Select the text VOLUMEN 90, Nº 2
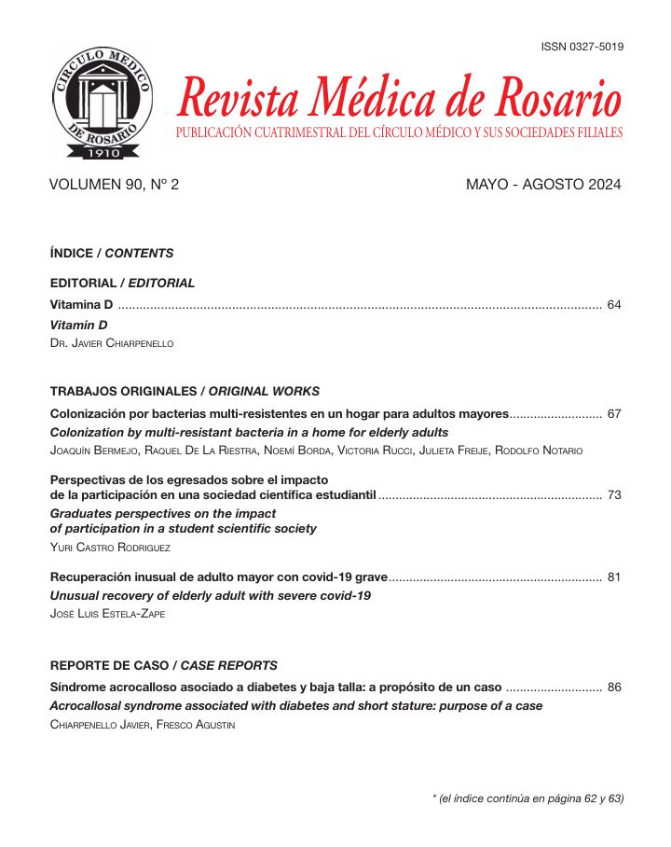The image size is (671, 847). [114, 185]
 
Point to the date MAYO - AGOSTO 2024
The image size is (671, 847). [542, 185]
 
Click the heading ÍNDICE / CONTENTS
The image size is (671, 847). [112, 253]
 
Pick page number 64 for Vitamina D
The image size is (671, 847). [613, 305]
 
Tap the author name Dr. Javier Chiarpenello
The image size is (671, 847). [111, 343]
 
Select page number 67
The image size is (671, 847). [613, 413]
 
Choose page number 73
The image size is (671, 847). [613, 494]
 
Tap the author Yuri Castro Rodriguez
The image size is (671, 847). [110, 548]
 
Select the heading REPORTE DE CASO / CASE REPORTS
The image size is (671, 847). [163, 666]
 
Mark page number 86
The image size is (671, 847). [613, 687]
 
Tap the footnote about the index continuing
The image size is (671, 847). [527, 798]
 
